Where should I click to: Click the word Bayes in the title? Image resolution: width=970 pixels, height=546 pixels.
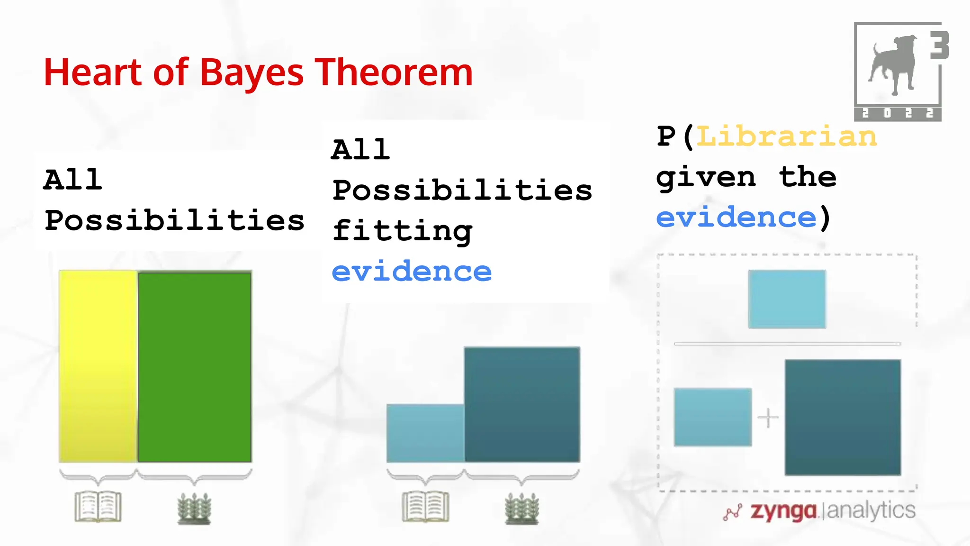pos(251,73)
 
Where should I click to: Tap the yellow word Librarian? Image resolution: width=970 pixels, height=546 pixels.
pos(786,137)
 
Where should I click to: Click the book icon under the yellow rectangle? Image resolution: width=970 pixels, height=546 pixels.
pos(98,507)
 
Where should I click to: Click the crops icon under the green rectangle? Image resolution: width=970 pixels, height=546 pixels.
pos(194,508)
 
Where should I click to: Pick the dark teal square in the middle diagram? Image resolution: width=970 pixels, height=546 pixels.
pos(522,404)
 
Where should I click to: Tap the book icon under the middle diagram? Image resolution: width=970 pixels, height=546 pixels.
pos(425,507)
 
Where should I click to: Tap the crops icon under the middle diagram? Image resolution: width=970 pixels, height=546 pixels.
pos(521,508)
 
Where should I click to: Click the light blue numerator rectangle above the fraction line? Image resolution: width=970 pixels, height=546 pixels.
pos(787,299)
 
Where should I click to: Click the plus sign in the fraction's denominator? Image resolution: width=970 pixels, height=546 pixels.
pos(768,418)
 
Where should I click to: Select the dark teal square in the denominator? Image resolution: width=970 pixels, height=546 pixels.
pos(843,417)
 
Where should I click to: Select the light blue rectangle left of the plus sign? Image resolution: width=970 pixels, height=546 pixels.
pos(713,417)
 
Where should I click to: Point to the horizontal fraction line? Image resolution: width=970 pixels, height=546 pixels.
pos(787,344)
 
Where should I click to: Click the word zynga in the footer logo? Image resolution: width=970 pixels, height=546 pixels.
pos(783,511)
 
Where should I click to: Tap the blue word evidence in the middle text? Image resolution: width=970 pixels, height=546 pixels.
pos(412,272)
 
